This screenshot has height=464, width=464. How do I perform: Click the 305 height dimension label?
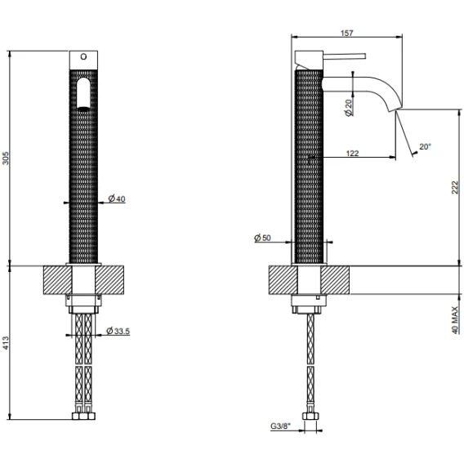click(x=6, y=158)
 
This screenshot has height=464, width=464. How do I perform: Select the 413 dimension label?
click(x=6, y=343)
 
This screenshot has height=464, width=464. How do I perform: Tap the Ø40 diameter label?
click(x=117, y=199)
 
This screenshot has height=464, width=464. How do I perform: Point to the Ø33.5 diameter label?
click(x=118, y=331)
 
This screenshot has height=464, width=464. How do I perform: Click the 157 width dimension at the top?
click(x=347, y=33)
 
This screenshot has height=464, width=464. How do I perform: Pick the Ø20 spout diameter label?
click(x=349, y=108)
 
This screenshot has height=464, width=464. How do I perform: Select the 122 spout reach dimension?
click(x=352, y=153)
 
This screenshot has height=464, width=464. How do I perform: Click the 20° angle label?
click(x=426, y=146)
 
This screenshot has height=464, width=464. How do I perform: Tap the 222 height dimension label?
click(x=455, y=188)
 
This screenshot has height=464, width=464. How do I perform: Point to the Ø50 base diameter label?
click(x=262, y=238)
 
